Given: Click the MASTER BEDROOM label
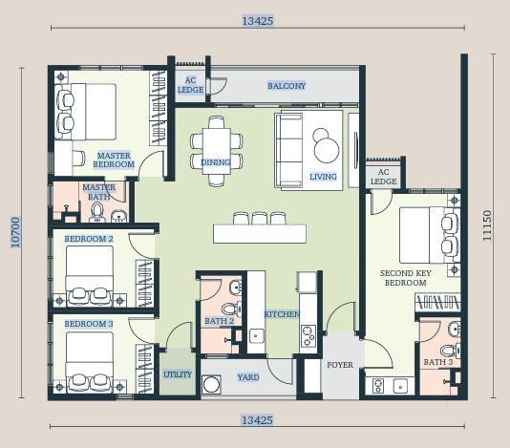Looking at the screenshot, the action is (114, 160).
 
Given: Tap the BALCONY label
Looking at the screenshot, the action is (287, 86).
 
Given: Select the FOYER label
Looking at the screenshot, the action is (340, 365).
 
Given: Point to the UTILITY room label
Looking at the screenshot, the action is (178, 374).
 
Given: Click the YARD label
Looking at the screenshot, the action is (248, 377).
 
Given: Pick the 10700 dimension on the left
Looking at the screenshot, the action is (15, 233).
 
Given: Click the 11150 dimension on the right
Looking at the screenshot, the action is (487, 225).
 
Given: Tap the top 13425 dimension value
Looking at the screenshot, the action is (258, 21).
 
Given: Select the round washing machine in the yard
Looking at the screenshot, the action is (211, 385).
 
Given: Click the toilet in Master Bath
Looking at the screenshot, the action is (96, 212).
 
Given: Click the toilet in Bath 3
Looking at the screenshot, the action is (450, 351).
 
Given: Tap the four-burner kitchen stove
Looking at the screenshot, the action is (308, 335).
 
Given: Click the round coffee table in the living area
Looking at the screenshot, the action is (327, 150).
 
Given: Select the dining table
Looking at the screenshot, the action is (217, 151).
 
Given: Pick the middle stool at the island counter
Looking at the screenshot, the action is (260, 219).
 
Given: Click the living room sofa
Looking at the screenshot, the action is (288, 150).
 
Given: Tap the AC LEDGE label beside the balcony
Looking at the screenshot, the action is (190, 85).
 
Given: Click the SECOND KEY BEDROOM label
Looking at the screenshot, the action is (406, 278).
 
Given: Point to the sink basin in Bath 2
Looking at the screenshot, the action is (235, 288).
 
